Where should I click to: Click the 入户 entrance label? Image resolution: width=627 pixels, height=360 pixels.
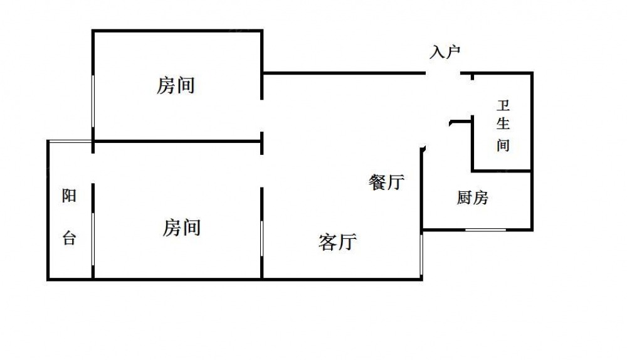(x=445, y=52)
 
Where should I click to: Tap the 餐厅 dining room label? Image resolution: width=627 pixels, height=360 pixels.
(x=386, y=183)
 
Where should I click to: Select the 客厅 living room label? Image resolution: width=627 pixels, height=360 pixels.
(x=337, y=241)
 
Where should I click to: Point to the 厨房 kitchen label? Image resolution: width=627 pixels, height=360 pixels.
(x=472, y=198)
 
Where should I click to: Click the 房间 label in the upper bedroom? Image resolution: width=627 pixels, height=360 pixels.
(x=176, y=85)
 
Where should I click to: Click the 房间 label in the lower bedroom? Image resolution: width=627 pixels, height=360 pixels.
(x=182, y=227)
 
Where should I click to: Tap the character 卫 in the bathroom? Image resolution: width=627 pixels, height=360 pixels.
(x=503, y=104)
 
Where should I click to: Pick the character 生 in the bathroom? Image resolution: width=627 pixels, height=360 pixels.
(x=503, y=124)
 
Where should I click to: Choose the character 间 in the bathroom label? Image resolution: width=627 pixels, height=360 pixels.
(x=503, y=146)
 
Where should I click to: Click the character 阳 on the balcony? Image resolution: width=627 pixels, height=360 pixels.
(x=69, y=196)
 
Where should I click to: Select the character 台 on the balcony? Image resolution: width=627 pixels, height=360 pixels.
(x=69, y=238)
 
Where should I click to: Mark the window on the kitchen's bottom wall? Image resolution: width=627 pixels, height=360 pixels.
(x=485, y=230)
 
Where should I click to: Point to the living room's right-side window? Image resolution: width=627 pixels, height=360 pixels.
(x=422, y=254)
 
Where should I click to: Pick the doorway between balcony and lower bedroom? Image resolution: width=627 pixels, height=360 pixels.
(x=93, y=167)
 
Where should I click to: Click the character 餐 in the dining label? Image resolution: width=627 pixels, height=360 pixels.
(x=377, y=183)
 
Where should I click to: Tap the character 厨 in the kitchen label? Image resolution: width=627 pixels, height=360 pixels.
(x=464, y=198)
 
